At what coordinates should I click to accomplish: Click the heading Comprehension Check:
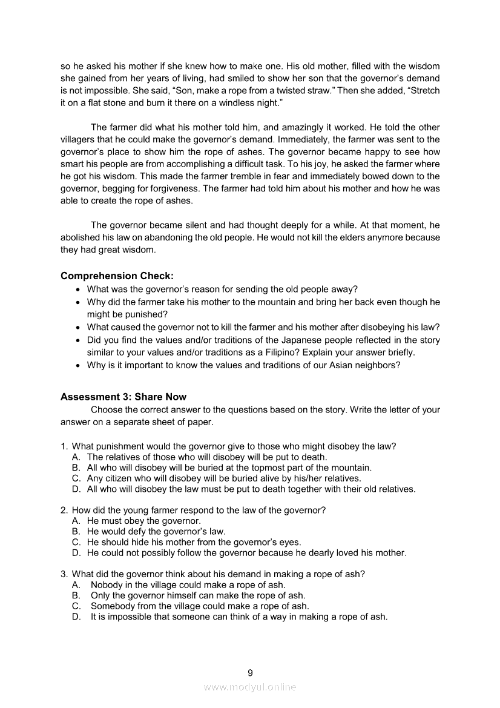coord(117,276)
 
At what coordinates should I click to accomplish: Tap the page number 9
coord(250,672)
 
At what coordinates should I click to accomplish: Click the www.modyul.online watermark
coord(250,687)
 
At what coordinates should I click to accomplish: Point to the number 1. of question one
coord(64,446)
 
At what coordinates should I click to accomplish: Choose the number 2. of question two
coord(64,510)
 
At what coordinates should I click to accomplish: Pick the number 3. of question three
coord(64,574)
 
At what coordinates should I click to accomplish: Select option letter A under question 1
coord(76,457)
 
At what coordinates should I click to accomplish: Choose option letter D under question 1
coord(76,489)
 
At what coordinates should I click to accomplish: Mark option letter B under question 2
coord(76,531)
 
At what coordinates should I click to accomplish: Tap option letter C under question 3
coord(76,606)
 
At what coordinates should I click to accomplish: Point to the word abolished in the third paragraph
coord(81,237)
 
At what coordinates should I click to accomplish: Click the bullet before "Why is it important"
coord(78,365)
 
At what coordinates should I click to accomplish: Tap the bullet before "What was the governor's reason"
coord(78,289)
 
